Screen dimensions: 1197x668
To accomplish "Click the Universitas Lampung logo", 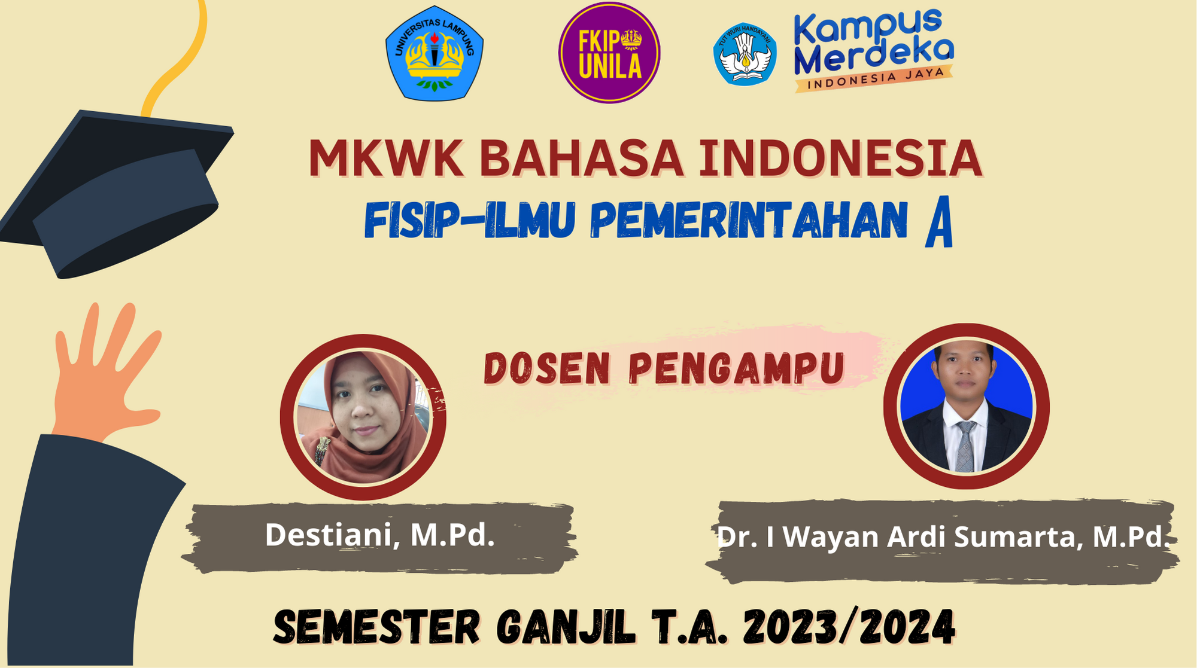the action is [435, 53].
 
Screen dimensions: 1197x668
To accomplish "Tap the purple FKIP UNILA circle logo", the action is [609, 53].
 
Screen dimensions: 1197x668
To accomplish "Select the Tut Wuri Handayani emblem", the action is [745, 54].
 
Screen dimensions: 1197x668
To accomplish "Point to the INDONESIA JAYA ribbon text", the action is [873, 78].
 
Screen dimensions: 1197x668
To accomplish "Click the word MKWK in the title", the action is [387, 158].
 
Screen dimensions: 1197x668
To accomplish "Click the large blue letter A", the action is [938, 224].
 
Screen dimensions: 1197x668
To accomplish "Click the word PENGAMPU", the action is [737, 369].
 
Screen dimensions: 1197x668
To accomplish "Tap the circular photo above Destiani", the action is [363, 417].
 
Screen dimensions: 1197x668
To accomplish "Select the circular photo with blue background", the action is [966, 406].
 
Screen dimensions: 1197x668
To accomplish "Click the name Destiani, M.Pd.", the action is [380, 535].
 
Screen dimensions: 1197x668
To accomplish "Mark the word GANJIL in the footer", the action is [566, 627].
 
